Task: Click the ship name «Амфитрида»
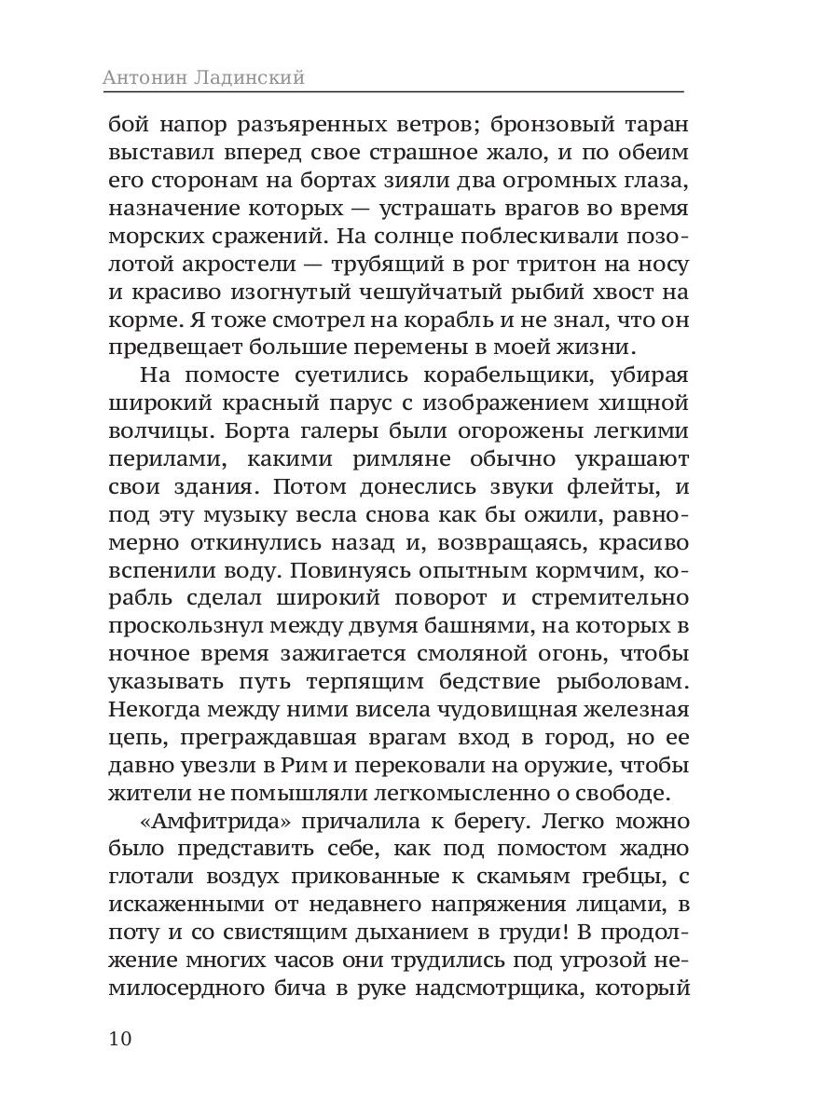pyautogui.click(x=194, y=824)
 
